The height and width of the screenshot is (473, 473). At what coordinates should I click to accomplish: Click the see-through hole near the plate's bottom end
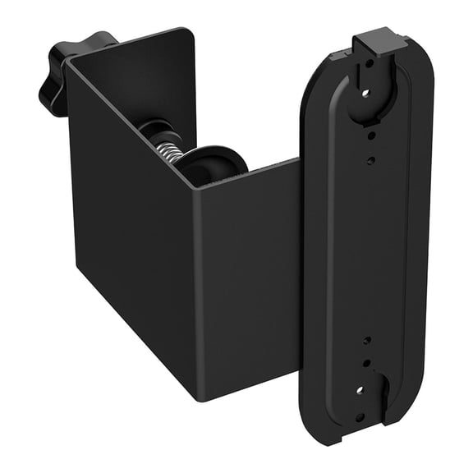point(360,391)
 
